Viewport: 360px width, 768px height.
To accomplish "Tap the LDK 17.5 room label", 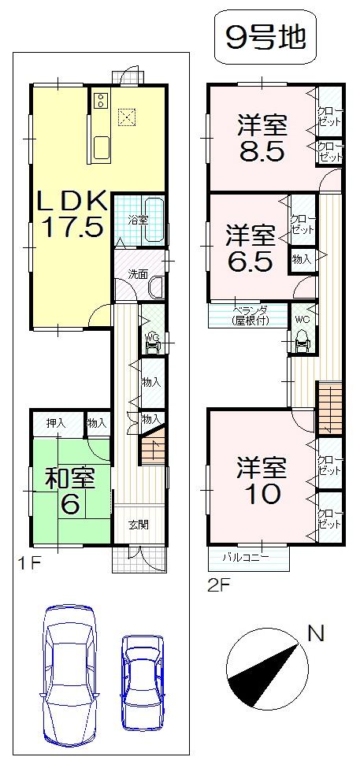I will pyautogui.click(x=69, y=213).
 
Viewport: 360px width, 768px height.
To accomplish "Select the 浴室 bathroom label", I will pyautogui.click(x=139, y=220).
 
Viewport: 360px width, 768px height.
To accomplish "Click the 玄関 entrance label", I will pyautogui.click(x=138, y=525).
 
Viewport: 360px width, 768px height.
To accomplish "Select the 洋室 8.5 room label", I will pyautogui.click(x=263, y=137).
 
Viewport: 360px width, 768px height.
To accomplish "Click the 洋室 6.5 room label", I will pyautogui.click(x=251, y=247).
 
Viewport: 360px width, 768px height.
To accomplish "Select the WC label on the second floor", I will pyautogui.click(x=302, y=320).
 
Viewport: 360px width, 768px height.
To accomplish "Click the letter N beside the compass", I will pyautogui.click(x=316, y=633).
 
